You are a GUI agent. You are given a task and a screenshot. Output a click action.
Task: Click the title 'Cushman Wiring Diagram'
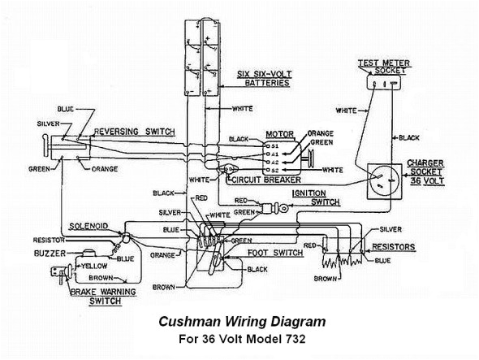coord(242,323)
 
